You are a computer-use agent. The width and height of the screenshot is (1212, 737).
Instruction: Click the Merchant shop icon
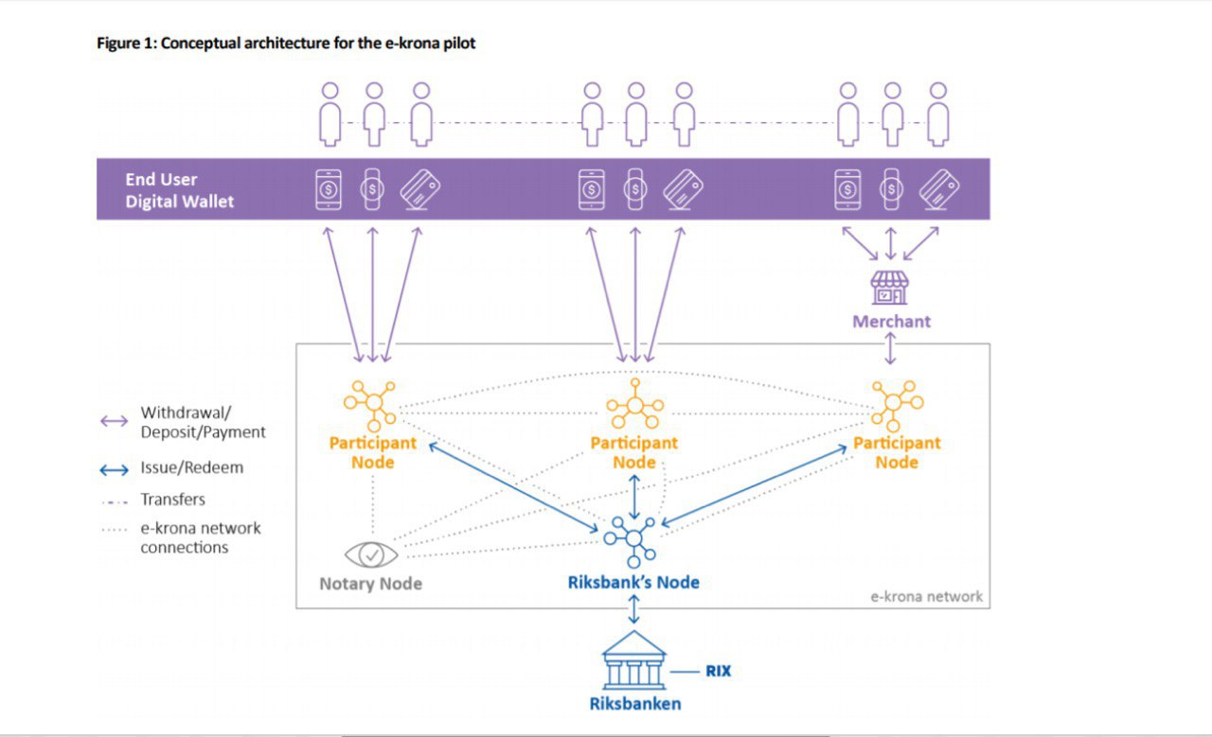tap(889, 289)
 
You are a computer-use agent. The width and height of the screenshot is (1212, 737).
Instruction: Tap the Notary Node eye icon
tap(370, 554)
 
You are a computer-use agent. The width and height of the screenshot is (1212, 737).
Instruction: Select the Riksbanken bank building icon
tap(633, 660)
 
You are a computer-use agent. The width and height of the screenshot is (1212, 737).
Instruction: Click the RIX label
tap(718, 672)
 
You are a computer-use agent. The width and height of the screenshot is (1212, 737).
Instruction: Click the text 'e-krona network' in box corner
tap(926, 597)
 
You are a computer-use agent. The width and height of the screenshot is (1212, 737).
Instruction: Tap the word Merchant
tap(891, 322)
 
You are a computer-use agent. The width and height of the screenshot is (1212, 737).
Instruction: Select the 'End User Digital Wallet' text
tap(179, 190)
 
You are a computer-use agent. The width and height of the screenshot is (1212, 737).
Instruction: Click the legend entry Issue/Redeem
tap(191, 467)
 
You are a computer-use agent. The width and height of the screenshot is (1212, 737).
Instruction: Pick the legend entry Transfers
tap(172, 500)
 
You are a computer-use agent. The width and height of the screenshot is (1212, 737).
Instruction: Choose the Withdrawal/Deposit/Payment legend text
tap(203, 423)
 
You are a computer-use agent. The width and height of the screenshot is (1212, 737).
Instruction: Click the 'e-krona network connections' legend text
tap(200, 537)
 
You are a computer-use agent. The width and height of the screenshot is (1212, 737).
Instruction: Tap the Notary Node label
tap(370, 584)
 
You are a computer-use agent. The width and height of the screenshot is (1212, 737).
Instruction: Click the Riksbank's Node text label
tap(633, 583)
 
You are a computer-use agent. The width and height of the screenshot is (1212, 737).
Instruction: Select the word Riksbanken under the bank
tap(634, 704)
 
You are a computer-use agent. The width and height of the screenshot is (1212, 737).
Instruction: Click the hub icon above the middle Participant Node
tap(633, 406)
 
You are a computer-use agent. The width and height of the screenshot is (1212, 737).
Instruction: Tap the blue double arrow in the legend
tap(115, 469)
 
